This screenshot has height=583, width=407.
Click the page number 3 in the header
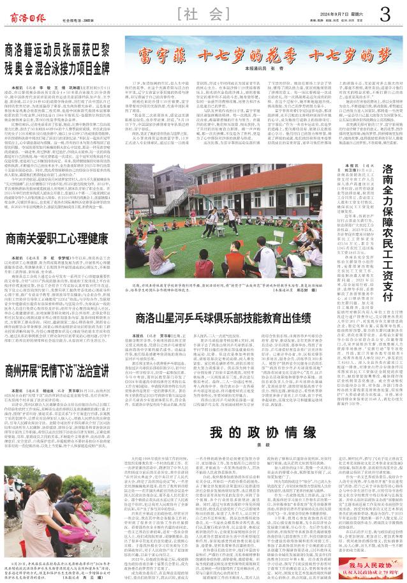point(386,13)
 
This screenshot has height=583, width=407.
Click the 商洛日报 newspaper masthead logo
point(26,13)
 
